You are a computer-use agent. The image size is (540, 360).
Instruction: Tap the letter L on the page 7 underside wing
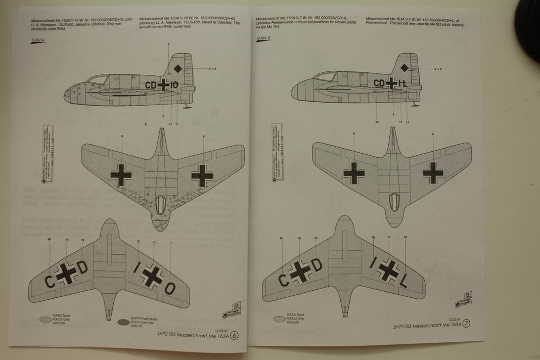tap(403, 284)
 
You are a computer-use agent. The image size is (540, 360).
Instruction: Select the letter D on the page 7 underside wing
tap(316, 264)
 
